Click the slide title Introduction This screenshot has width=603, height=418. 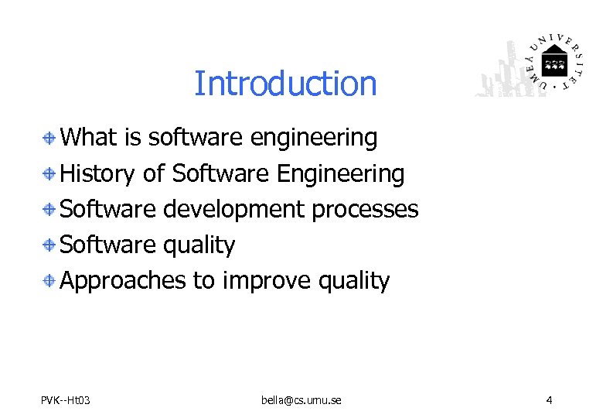pos(285,84)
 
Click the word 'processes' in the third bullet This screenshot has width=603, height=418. pos(365,210)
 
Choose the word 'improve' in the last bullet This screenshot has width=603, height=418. pos(267,281)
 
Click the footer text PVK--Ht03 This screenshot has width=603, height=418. pos(66,400)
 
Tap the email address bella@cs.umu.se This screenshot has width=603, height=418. pos(301,400)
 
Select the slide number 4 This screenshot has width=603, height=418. pos(548,400)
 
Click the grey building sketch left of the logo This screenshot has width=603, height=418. pos(502,74)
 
